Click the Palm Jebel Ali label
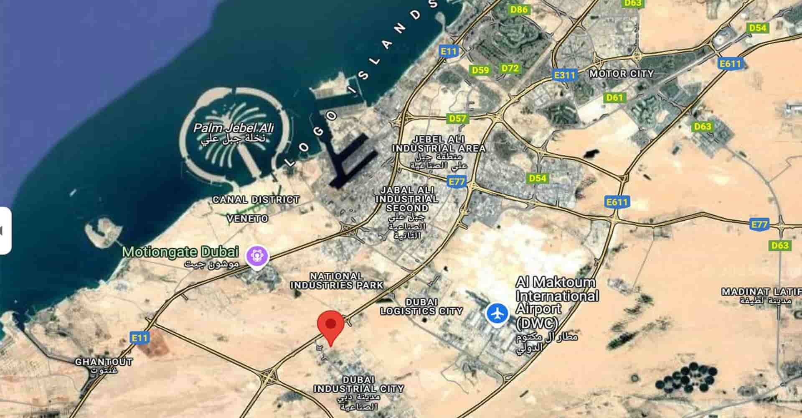(233, 128)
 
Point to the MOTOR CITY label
(621, 74)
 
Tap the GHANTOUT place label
(104, 362)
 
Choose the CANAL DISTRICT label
(256, 200)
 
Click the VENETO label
(247, 218)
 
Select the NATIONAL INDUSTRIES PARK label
(337, 281)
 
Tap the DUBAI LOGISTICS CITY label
(421, 307)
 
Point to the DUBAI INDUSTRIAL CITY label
(359, 385)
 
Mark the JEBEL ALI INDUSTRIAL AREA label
(439, 144)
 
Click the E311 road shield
(564, 75)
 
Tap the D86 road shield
(519, 9)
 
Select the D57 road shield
(457, 119)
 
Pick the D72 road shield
(510, 68)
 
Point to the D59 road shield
(480, 70)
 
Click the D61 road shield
(614, 98)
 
